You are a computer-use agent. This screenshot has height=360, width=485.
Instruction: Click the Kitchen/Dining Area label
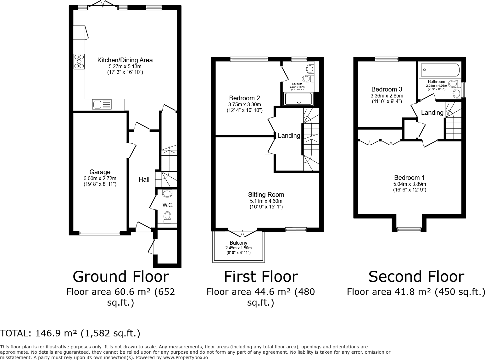click(x=125, y=60)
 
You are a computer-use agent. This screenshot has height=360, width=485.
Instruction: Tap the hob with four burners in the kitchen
click(x=79, y=62)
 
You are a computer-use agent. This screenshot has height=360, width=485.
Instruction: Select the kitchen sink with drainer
click(x=102, y=104)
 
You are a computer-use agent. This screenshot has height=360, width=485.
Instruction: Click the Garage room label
click(x=100, y=172)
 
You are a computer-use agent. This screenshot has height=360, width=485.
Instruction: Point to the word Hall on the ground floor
click(x=144, y=180)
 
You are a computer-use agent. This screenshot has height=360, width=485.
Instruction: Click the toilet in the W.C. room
click(x=168, y=217)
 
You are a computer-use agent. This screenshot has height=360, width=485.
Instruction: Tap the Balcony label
click(x=238, y=243)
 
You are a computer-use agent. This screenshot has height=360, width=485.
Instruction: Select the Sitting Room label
click(x=266, y=195)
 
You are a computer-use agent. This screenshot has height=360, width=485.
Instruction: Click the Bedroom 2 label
click(x=244, y=98)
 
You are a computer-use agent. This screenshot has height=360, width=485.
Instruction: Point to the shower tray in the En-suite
click(x=298, y=99)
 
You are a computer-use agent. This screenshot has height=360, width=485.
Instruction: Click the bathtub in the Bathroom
click(x=440, y=70)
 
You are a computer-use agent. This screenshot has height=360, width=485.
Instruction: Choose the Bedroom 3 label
click(x=387, y=89)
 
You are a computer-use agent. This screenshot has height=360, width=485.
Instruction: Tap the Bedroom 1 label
click(x=410, y=178)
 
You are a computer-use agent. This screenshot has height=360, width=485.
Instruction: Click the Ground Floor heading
click(x=121, y=276)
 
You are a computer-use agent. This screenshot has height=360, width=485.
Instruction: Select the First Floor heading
click(x=261, y=276)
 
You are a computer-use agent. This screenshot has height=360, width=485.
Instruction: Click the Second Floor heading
click(x=416, y=276)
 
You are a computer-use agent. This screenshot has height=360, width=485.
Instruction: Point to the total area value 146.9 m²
click(x=56, y=333)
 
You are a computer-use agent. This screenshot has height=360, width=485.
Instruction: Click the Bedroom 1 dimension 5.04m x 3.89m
click(x=410, y=184)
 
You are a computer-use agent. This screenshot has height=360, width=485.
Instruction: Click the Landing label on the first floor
click(x=289, y=136)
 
